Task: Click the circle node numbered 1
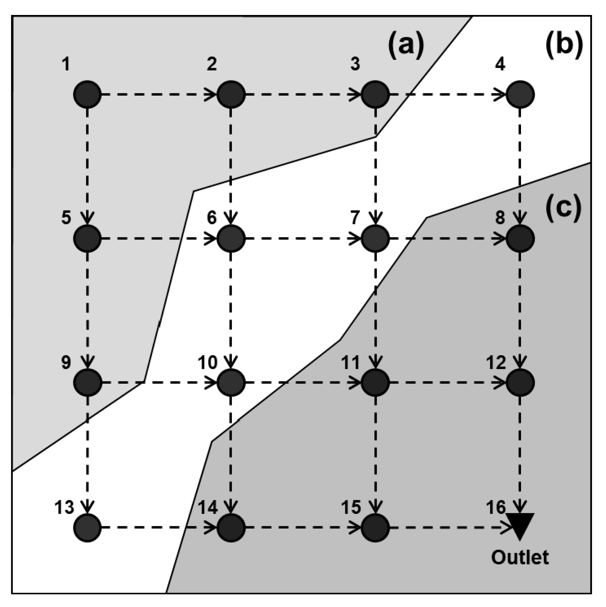pyautogui.click(x=87, y=94)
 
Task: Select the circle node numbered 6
pyautogui.click(x=231, y=239)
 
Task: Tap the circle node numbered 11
pyautogui.click(x=375, y=382)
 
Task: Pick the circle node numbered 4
pyautogui.click(x=520, y=94)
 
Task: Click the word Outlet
pyautogui.click(x=520, y=557)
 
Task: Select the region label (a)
pyautogui.click(x=406, y=46)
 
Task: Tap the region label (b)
pyautogui.click(x=564, y=46)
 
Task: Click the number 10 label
pyautogui.click(x=207, y=362)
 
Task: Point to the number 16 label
pyautogui.click(x=496, y=507)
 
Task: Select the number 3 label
pyautogui.click(x=355, y=64)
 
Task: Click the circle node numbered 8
pyautogui.click(x=520, y=239)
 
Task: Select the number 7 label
pyautogui.click(x=355, y=217)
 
